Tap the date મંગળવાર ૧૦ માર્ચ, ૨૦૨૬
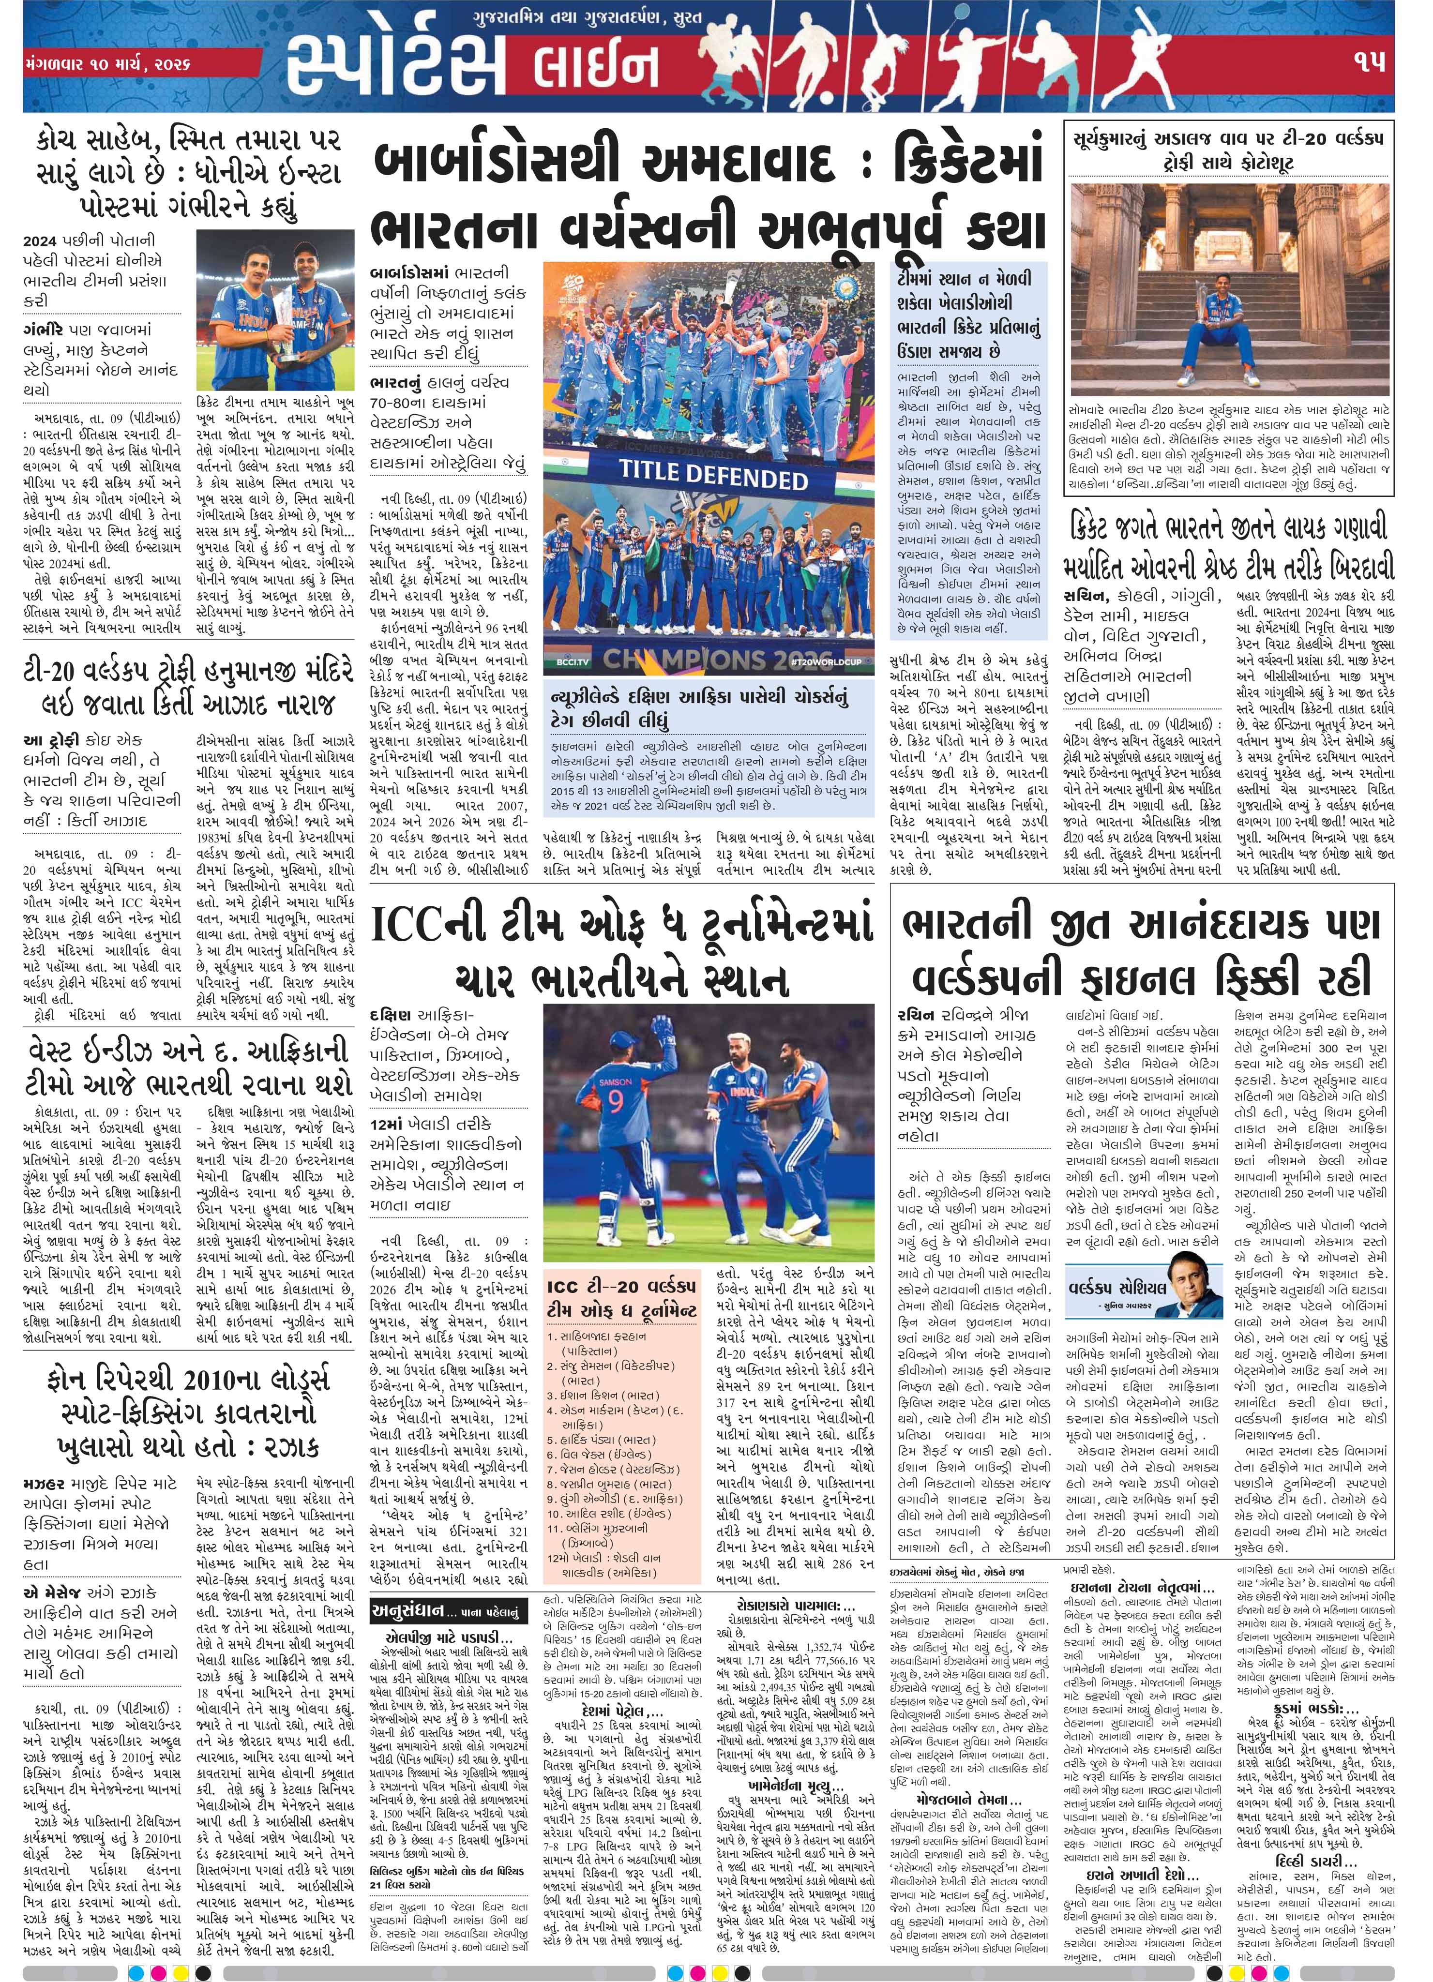(109, 65)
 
